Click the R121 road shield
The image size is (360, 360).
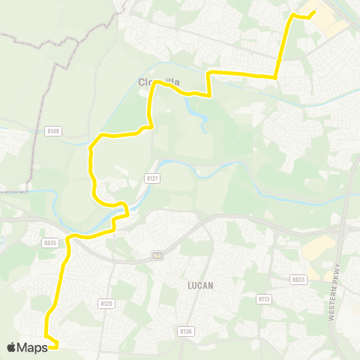(151, 178)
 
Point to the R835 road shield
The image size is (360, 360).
(50, 243)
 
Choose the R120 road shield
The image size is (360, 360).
(106, 304)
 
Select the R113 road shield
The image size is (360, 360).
(263, 298)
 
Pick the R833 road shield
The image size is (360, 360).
(298, 280)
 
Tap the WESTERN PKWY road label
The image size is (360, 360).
(334, 292)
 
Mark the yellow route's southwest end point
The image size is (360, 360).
(57, 346)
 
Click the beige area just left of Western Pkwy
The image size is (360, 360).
(319, 248)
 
